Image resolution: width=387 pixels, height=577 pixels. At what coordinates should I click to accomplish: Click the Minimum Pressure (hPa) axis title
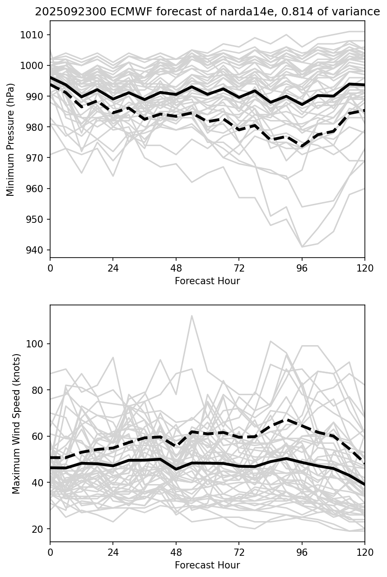point(11,139)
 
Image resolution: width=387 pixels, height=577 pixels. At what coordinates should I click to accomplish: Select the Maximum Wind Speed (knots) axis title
point(17,424)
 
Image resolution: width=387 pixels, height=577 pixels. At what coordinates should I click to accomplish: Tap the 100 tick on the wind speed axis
point(35,344)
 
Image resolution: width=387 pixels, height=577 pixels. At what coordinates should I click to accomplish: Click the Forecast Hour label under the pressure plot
point(207,281)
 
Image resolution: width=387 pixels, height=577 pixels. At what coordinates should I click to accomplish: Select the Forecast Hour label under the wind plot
point(207,565)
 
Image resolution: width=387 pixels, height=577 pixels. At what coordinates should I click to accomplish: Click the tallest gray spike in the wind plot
point(191,316)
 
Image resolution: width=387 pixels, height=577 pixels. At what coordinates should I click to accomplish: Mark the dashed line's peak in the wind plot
point(286,420)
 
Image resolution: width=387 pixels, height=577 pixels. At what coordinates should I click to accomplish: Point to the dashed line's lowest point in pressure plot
point(302,147)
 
